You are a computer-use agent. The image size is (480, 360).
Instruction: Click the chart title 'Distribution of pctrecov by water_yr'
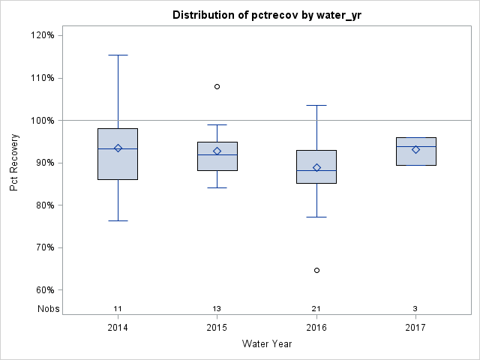pyautogui.click(x=267, y=15)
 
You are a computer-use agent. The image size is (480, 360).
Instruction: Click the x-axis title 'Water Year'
pyautogui.click(x=267, y=344)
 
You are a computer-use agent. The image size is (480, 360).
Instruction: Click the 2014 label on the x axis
pyautogui.click(x=118, y=328)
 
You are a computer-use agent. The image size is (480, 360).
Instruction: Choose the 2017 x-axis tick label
pyautogui.click(x=415, y=328)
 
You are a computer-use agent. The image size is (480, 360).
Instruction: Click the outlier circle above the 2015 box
pyautogui.click(x=217, y=86)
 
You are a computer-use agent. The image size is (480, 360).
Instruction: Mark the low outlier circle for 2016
pyautogui.click(x=316, y=270)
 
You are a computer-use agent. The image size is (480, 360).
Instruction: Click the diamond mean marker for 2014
pyautogui.click(x=118, y=148)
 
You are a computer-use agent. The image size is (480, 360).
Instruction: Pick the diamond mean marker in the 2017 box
pyautogui.click(x=415, y=149)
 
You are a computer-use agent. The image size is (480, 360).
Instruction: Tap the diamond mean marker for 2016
pyautogui.click(x=316, y=167)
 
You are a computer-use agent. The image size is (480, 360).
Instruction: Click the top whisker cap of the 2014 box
pyautogui.click(x=118, y=55)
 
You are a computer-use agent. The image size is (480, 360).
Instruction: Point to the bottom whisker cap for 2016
pyautogui.click(x=316, y=217)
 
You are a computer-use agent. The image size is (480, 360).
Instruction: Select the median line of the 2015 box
pyautogui.click(x=217, y=154)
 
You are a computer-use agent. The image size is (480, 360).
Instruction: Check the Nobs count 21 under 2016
pyautogui.click(x=316, y=309)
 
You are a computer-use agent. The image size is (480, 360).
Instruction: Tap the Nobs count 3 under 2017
pyautogui.click(x=415, y=309)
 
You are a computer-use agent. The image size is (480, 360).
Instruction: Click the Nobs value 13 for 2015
pyautogui.click(x=217, y=309)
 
